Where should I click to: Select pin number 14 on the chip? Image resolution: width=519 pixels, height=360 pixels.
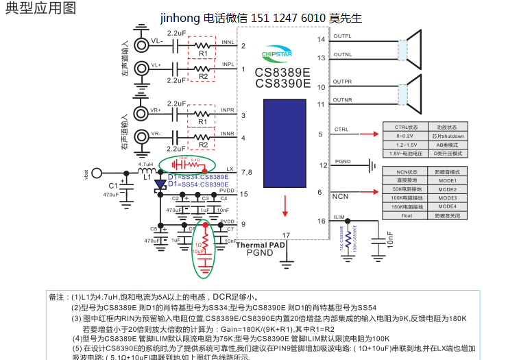(x=321, y=39)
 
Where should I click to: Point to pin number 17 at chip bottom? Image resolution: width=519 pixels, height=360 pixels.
(x=286, y=235)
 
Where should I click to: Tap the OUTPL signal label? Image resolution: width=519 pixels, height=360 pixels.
(x=343, y=36)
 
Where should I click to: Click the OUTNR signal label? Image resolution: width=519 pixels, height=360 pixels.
(x=343, y=100)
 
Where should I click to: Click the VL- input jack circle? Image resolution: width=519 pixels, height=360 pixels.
(x=143, y=45)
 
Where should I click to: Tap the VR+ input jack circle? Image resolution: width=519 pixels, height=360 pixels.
(x=143, y=112)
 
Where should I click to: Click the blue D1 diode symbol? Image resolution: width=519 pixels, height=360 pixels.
(x=160, y=184)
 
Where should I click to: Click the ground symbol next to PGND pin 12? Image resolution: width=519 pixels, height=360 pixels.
(x=371, y=165)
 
